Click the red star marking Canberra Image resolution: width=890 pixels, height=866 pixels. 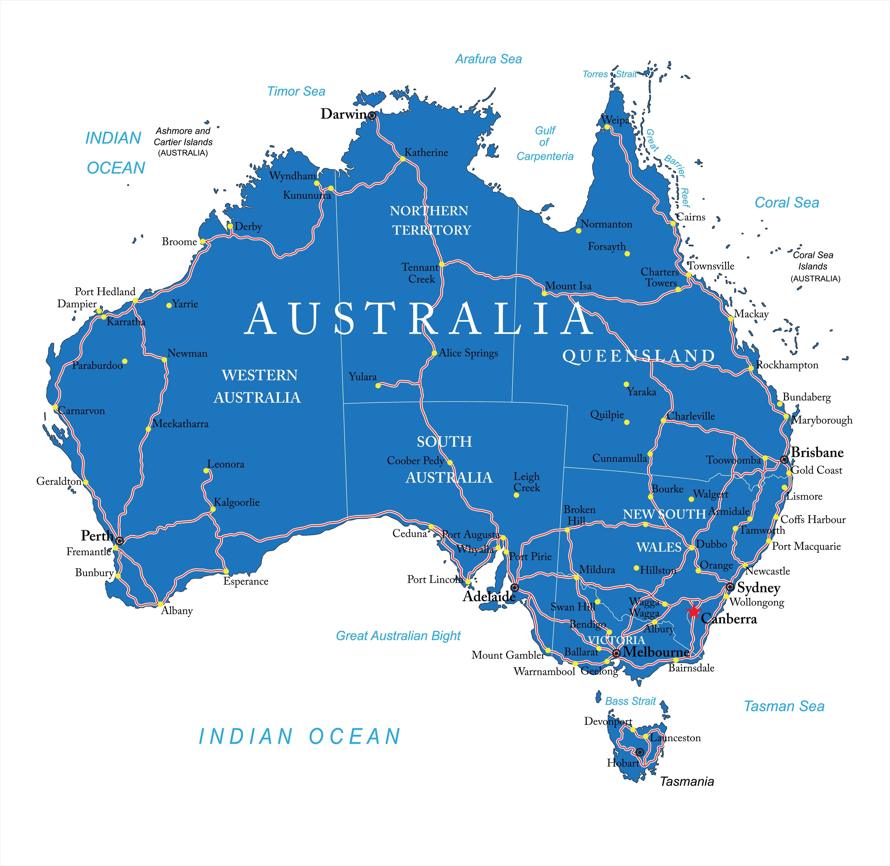pyautogui.click(x=693, y=611)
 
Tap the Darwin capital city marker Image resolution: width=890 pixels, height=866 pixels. pyautogui.click(x=372, y=116)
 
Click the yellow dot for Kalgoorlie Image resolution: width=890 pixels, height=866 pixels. pyautogui.click(x=213, y=509)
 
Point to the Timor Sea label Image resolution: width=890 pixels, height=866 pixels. pyautogui.click(x=296, y=91)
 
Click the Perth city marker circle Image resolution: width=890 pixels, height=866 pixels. pyautogui.click(x=120, y=540)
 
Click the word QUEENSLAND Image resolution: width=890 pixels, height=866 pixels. pyautogui.click(x=639, y=356)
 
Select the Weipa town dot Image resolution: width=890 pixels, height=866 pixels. pyautogui.click(x=607, y=127)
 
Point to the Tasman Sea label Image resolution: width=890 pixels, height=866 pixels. pyautogui.click(x=784, y=706)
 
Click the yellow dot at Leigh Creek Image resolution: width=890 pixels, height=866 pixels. pyautogui.click(x=516, y=495)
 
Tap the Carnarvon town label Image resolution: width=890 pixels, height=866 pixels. pyautogui.click(x=82, y=411)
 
